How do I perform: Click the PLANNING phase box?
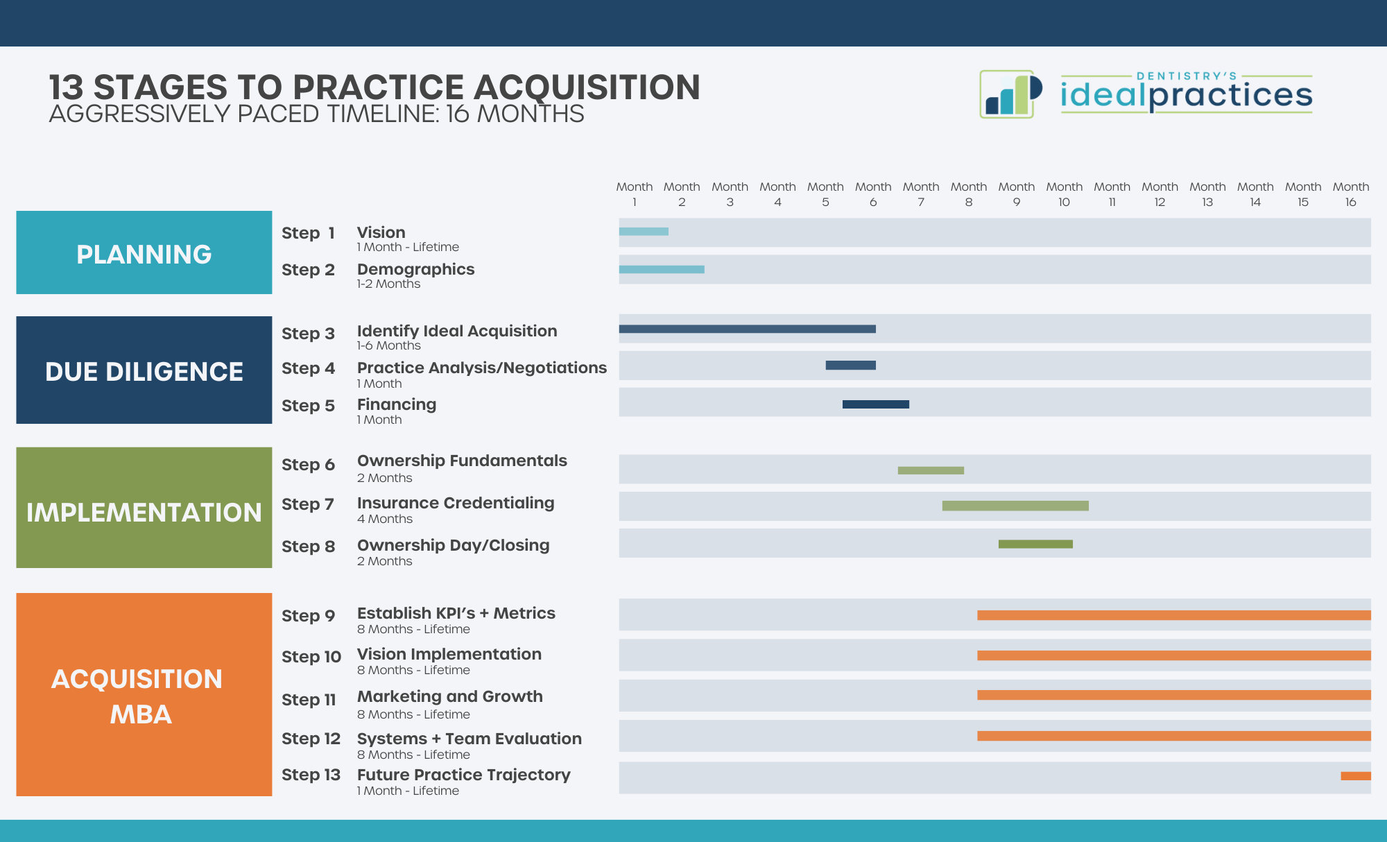(144, 252)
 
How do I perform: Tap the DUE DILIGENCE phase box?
(144, 370)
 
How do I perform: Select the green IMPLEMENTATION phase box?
(144, 508)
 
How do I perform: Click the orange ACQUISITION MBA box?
(144, 694)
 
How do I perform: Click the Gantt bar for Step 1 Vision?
(644, 232)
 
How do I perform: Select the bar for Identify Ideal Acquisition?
(747, 329)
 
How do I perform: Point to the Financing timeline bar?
(875, 404)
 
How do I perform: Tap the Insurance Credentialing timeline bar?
(1015, 506)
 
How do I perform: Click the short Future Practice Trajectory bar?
(1355, 776)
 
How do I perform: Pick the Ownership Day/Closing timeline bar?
(1035, 544)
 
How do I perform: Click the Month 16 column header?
(1350, 194)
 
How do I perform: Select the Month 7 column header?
(920, 194)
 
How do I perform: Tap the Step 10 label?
(311, 657)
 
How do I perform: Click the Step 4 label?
(308, 368)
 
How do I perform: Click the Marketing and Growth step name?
(449, 696)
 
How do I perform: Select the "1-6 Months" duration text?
(388, 345)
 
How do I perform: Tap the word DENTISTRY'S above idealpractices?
(1186, 76)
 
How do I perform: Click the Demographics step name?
(415, 269)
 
